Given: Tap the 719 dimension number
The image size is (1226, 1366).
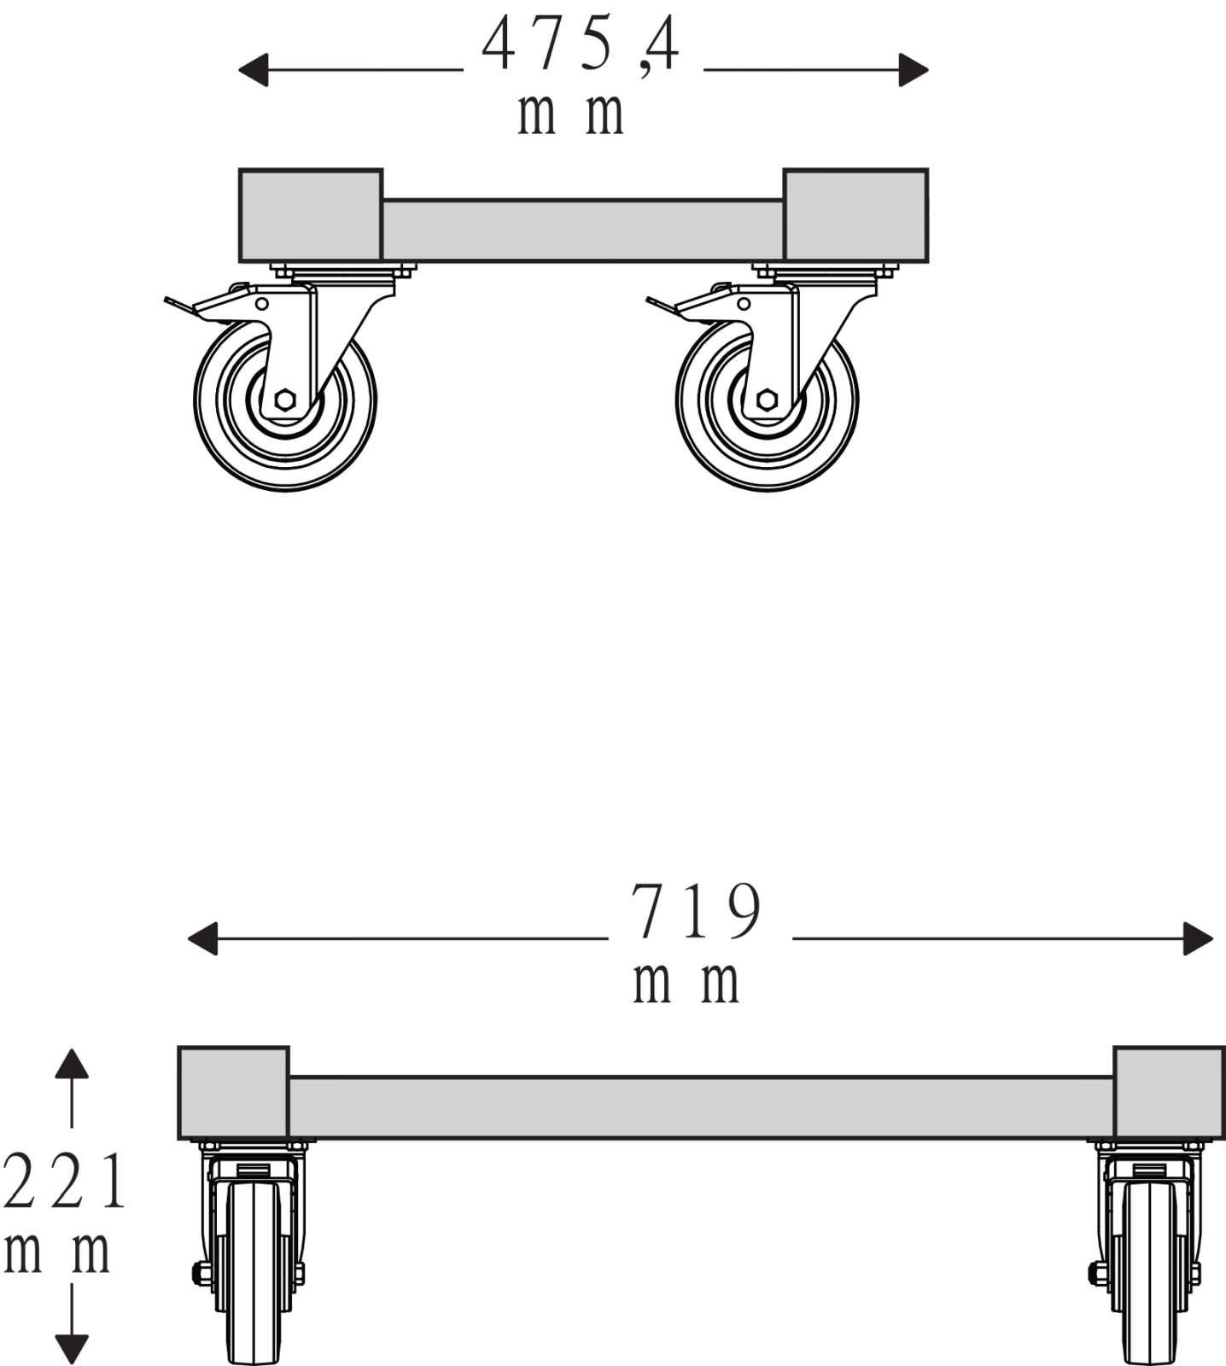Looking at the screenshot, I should coord(696,911).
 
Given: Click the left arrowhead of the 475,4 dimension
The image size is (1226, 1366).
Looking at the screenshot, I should coord(253,70).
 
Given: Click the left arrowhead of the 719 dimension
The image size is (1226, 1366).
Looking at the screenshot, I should coord(202,939).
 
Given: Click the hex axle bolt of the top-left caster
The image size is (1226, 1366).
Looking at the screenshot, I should coord(285,399).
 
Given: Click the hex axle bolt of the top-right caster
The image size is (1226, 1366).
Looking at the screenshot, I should coord(767,399).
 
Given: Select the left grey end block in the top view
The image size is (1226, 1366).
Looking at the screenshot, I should coord(311,215).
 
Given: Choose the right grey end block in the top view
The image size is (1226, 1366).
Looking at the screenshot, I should coord(855,215).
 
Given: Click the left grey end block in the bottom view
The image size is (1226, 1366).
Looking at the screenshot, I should coord(234,1092).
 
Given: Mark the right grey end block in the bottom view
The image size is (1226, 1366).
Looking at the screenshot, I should coord(1169,1092).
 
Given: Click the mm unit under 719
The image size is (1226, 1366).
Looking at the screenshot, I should coord(686,983).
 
